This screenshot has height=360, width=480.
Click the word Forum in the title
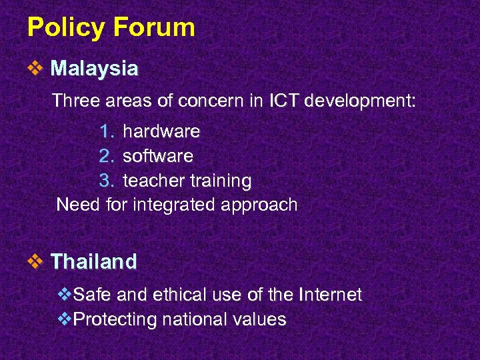[x=154, y=28]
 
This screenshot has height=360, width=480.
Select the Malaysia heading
[x=95, y=69]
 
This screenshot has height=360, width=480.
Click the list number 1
[x=105, y=132]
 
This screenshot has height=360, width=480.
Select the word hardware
[x=161, y=132]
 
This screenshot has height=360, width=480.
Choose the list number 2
[x=105, y=157]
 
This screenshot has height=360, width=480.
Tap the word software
[x=158, y=157]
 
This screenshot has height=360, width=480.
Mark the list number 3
[x=105, y=181]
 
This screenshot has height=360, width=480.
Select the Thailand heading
[x=93, y=261]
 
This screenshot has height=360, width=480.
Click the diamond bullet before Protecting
[x=64, y=319]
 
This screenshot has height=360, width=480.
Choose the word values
[x=260, y=319]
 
